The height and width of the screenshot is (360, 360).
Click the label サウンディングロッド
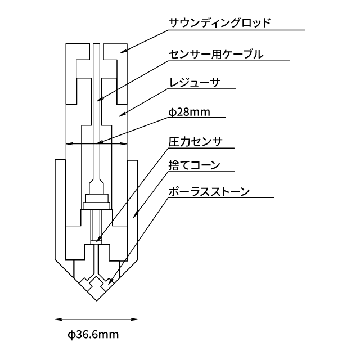click(x=220, y=22)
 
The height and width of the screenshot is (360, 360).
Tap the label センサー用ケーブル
click(x=216, y=54)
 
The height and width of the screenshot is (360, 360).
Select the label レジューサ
click(x=195, y=83)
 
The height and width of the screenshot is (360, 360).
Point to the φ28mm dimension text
click(x=190, y=112)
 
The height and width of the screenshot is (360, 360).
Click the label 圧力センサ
click(x=195, y=142)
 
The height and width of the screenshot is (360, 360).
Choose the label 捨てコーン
click(x=195, y=165)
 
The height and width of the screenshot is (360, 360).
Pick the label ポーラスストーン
click(x=209, y=191)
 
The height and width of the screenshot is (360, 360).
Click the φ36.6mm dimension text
click(x=93, y=335)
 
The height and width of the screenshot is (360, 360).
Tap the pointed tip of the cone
click(x=96, y=301)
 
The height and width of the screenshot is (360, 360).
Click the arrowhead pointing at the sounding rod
click(x=123, y=51)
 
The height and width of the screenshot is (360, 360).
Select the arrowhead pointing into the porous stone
click(x=110, y=281)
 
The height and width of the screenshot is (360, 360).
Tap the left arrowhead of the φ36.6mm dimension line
click(x=58, y=319)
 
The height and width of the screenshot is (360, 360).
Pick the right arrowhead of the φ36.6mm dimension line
click(x=134, y=319)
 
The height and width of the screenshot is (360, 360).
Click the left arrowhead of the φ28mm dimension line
click(x=69, y=144)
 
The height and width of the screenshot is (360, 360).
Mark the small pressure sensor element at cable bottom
click(x=96, y=242)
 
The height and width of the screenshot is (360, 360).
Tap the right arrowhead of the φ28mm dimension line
click(x=124, y=144)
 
